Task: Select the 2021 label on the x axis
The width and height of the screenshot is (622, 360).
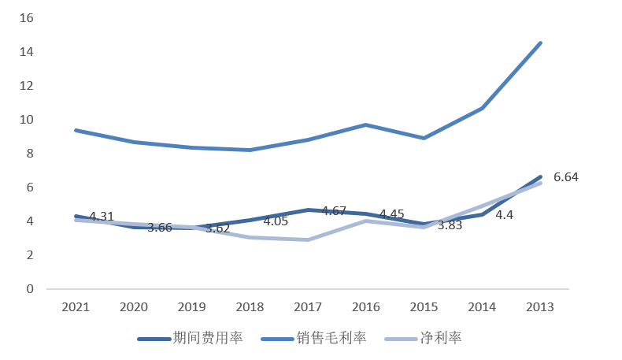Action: click(76, 307)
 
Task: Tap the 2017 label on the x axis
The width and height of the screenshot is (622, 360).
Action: click(309, 307)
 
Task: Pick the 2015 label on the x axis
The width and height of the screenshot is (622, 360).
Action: click(424, 307)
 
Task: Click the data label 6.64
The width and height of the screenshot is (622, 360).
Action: click(566, 177)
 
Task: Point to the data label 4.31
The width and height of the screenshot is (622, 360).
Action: click(102, 217)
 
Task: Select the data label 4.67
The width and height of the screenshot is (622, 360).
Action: click(335, 211)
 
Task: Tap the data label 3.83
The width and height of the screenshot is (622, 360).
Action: click(450, 225)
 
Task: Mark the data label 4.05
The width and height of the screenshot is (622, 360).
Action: click(276, 221)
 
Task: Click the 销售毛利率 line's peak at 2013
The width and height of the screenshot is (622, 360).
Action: click(540, 43)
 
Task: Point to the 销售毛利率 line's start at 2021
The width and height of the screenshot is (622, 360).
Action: click(76, 130)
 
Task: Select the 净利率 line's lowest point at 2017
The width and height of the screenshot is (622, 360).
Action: click(308, 239)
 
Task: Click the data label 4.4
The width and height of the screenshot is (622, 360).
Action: click(505, 214)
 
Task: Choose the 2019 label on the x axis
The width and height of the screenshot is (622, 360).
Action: click(192, 307)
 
